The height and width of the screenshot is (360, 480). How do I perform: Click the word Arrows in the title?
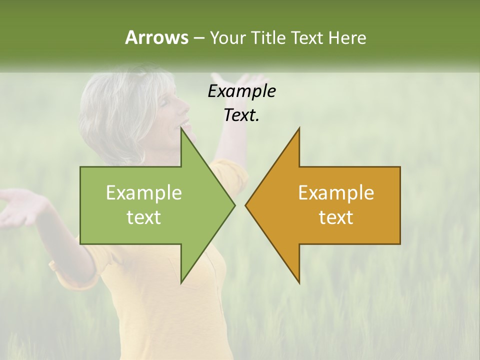[156, 37]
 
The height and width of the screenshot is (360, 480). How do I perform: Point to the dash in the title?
[198, 38]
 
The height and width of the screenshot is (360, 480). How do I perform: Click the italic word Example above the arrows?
[241, 91]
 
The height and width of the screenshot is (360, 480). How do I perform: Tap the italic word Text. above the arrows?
[241, 115]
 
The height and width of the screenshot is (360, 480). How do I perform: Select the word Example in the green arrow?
[144, 193]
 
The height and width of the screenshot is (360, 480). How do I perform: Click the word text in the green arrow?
[144, 217]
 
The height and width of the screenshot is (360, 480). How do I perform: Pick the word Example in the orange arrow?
[336, 193]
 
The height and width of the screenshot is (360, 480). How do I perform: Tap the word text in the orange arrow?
[336, 217]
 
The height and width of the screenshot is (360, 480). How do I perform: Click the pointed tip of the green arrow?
[234, 205]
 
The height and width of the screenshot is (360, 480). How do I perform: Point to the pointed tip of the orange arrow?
[245, 205]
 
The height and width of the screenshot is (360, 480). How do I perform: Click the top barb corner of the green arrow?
[181, 128]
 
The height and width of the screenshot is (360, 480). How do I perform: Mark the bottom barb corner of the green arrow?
[181, 282]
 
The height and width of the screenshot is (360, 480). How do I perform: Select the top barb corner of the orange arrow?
[299, 128]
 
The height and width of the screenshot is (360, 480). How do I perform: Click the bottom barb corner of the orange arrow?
[299, 282]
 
